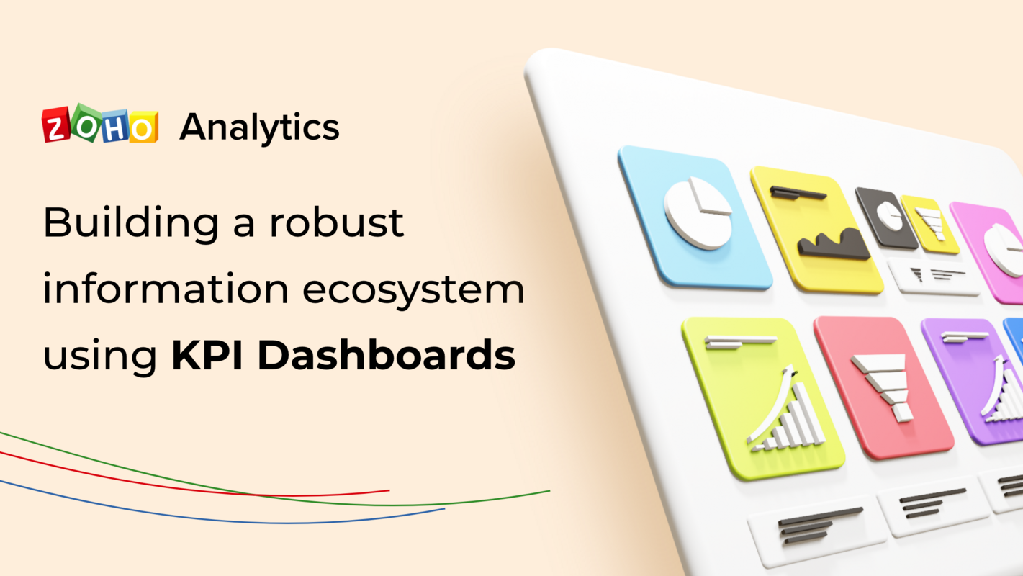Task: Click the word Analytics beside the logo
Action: point(259,127)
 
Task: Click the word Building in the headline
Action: point(131,223)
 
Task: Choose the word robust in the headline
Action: point(336,223)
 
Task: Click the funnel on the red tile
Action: point(883,385)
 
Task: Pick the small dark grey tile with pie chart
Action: point(885,217)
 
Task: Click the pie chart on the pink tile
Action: point(1005,249)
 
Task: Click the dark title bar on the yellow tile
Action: point(797,192)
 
